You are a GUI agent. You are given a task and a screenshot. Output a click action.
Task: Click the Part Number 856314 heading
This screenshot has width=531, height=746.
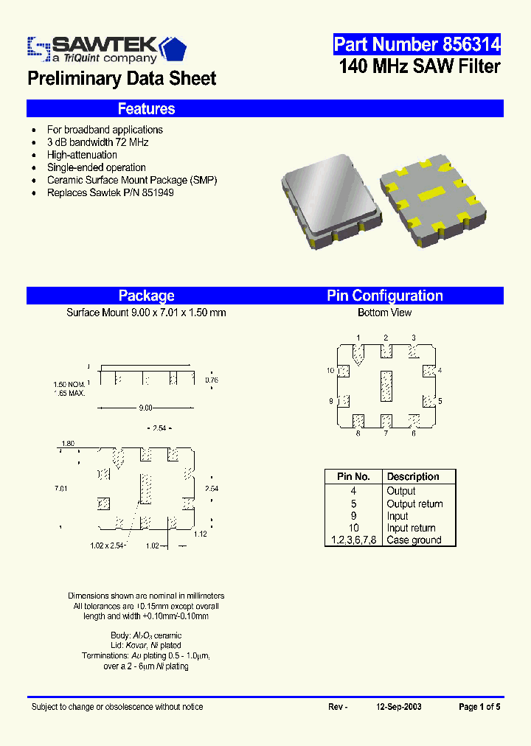pyautogui.click(x=417, y=45)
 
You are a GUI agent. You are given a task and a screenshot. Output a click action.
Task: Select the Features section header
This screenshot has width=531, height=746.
pyautogui.click(x=146, y=109)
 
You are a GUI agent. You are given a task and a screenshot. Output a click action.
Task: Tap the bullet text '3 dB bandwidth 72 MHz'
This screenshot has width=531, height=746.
pyautogui.click(x=97, y=142)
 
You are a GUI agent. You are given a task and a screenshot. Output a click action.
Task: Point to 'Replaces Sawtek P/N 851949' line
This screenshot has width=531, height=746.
pyautogui.click(x=110, y=192)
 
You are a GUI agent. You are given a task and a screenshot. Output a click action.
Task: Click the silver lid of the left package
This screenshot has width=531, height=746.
pyautogui.click(x=332, y=193)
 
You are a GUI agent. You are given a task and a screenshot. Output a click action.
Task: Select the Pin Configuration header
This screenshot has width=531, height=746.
pyautogui.click(x=384, y=296)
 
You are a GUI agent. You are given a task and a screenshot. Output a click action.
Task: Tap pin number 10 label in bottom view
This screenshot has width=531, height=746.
pyautogui.click(x=330, y=370)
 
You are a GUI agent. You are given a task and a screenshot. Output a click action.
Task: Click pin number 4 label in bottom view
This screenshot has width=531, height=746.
pyautogui.click(x=440, y=370)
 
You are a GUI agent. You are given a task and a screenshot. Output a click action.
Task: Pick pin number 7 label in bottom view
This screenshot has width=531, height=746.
pyautogui.click(x=385, y=434)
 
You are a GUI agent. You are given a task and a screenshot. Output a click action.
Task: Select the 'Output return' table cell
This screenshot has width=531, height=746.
pyautogui.click(x=414, y=503)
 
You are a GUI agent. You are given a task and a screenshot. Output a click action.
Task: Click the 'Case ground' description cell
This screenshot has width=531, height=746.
pyautogui.click(x=414, y=540)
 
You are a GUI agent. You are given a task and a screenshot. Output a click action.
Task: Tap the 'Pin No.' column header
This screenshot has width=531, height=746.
pyautogui.click(x=353, y=477)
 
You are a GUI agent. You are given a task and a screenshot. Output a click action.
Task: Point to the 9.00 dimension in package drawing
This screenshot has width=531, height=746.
pyautogui.click(x=145, y=408)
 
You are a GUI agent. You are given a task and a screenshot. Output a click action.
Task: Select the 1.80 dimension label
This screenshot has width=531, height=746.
pyautogui.click(x=67, y=443)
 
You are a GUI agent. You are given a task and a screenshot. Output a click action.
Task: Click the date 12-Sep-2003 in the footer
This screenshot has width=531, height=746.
pyautogui.click(x=398, y=706)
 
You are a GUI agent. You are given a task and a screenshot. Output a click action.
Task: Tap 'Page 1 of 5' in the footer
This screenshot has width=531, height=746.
pyautogui.click(x=479, y=706)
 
